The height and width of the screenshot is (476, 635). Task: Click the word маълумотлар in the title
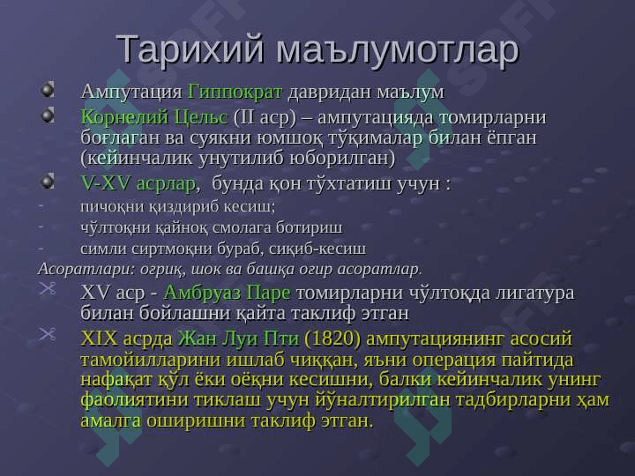397,49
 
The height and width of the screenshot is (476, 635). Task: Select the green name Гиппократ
235,92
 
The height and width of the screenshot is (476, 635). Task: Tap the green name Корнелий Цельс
154,117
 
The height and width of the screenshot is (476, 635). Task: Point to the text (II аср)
265,117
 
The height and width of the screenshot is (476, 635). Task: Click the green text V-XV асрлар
138,183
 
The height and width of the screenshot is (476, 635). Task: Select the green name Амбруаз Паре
227,293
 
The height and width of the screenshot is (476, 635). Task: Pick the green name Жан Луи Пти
238,338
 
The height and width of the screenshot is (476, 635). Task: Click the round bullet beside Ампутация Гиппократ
48,89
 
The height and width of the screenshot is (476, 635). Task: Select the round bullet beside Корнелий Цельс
48,115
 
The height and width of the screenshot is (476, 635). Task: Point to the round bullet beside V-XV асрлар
48,181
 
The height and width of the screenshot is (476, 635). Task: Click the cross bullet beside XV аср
48,288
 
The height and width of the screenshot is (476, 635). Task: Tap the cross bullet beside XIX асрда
48,334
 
